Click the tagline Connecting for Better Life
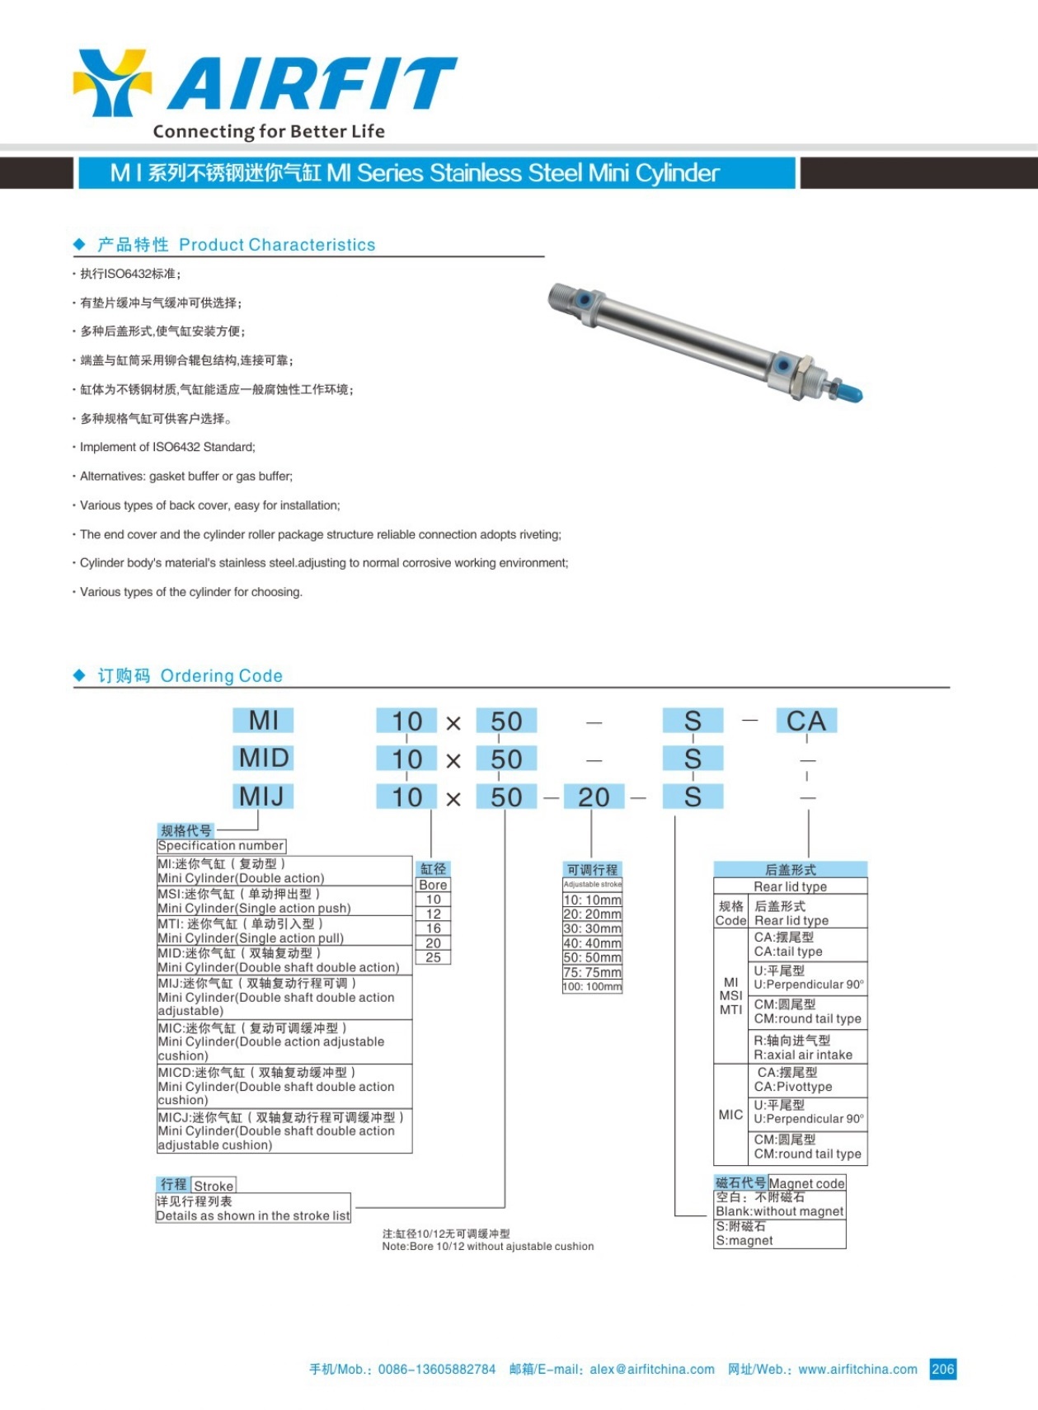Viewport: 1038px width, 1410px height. pos(269,131)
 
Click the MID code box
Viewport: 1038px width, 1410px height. pos(264,758)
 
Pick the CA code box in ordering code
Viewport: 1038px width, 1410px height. pos(806,721)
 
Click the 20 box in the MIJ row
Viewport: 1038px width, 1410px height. pos(594,797)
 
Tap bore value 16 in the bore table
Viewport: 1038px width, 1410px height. pos(433,928)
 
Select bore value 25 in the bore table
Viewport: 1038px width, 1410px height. pos(433,957)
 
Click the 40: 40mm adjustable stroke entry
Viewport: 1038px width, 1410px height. pos(592,943)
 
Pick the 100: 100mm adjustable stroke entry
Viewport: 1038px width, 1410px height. pos(592,987)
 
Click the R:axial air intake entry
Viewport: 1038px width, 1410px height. pos(803,1048)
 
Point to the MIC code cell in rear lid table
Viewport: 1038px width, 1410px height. pos(730,1115)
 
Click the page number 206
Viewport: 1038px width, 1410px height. pos(942,1369)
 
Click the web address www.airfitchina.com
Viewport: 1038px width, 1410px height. pos(857,1370)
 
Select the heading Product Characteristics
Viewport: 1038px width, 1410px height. pos(277,245)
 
